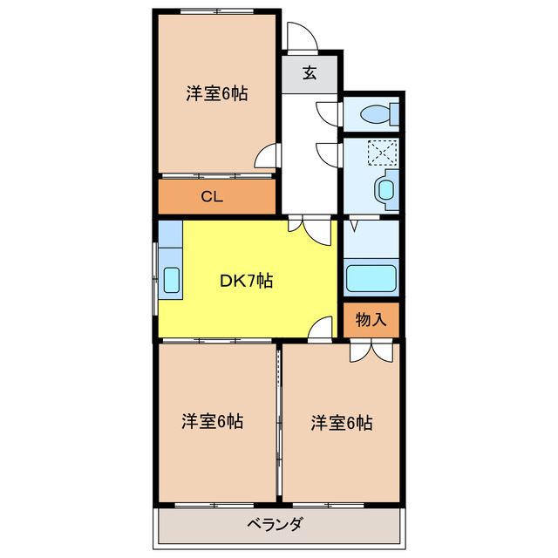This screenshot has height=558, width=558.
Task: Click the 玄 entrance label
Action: (310, 73)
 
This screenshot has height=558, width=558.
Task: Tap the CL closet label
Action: (212, 196)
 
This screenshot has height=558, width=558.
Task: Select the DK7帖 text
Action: (246, 281)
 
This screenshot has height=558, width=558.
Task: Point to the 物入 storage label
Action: (371, 319)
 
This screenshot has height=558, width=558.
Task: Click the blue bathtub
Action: (371, 277)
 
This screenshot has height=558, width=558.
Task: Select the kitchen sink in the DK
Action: (172, 280)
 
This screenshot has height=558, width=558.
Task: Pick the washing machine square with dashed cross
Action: (382, 153)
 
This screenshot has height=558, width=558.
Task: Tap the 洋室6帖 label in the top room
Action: (216, 94)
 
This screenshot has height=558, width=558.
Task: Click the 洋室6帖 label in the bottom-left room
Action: (212, 422)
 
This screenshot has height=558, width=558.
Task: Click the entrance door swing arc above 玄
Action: (299, 36)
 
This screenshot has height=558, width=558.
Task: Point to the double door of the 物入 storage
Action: (371, 350)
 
